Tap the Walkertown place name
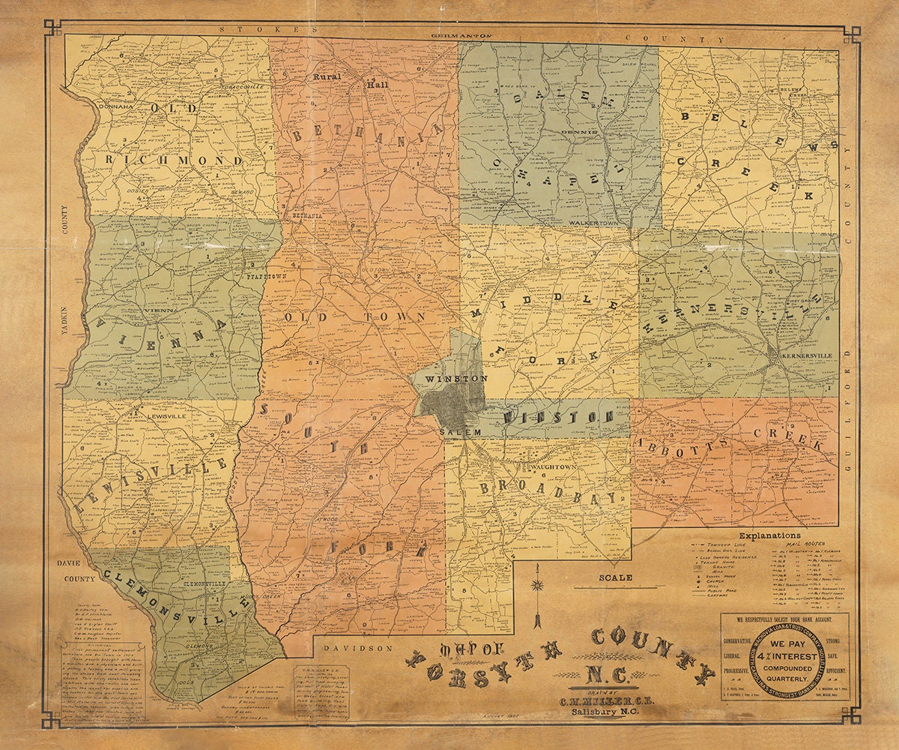(x=592, y=223)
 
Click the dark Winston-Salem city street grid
(x=449, y=405)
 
